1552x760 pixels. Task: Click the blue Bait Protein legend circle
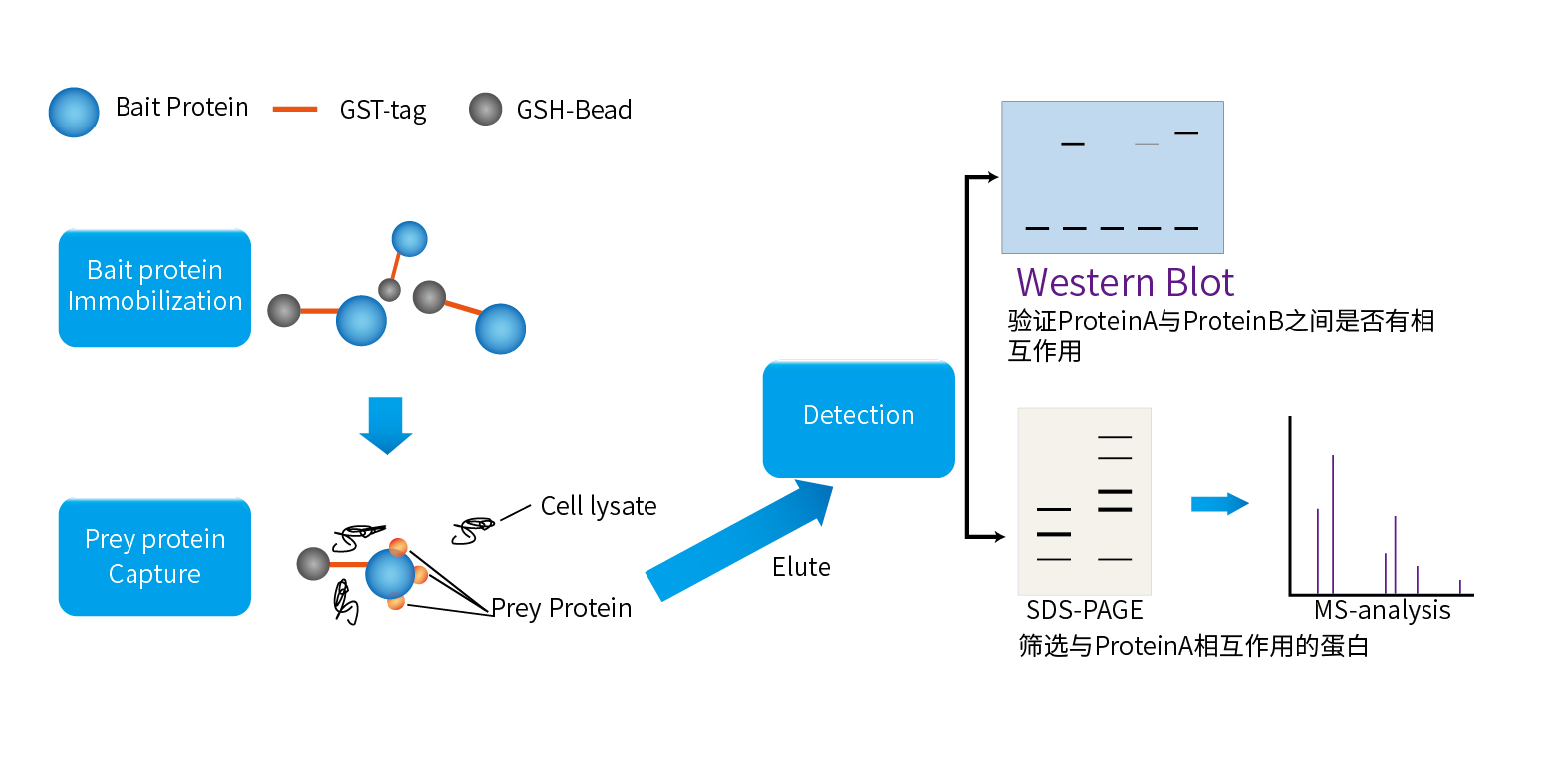tap(74, 112)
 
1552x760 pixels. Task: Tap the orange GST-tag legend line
tap(295, 109)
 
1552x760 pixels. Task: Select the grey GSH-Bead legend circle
tap(486, 109)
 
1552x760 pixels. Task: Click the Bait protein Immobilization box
tap(154, 288)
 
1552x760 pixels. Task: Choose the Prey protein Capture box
tap(154, 557)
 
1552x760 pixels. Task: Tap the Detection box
tap(859, 418)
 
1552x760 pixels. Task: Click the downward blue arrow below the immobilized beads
tap(386, 425)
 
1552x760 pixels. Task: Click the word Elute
tap(801, 567)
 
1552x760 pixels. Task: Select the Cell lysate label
tap(599, 506)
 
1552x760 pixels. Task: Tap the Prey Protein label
tap(561, 609)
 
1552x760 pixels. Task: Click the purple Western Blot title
tap(1126, 282)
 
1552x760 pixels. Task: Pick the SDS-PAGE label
tap(1085, 610)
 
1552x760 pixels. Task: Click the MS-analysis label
tap(1383, 610)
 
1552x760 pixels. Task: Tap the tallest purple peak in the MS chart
tap(1333, 525)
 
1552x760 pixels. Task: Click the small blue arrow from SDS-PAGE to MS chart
tap(1220, 504)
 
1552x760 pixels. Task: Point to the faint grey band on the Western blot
tap(1147, 144)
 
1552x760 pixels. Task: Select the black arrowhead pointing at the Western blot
tap(993, 177)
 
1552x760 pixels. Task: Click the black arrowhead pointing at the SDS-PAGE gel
tap(999, 536)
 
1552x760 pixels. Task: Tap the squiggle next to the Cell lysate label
tap(474, 530)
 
